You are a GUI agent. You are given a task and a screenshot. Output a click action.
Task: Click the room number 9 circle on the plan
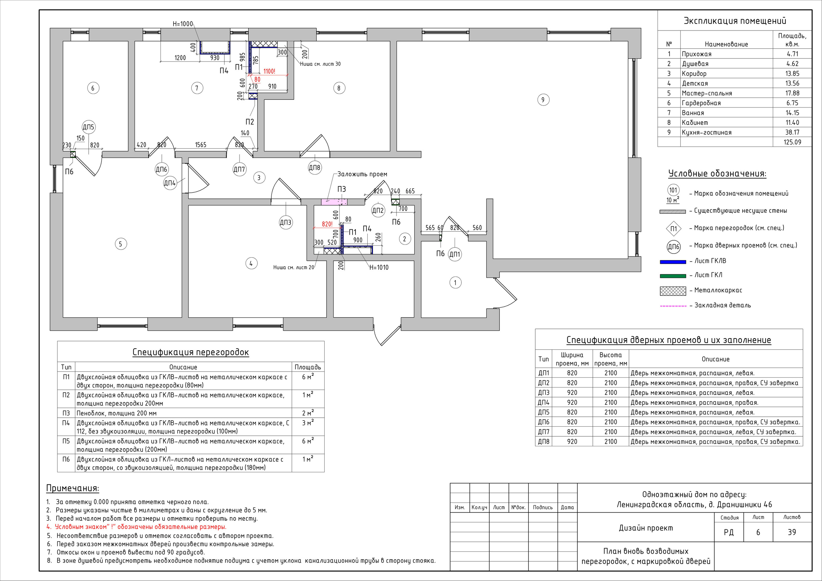(543, 99)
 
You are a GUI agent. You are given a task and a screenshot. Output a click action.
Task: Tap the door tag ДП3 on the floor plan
(285, 223)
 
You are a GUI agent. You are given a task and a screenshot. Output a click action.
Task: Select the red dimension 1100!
(269, 71)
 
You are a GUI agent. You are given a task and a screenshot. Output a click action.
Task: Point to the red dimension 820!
(327, 224)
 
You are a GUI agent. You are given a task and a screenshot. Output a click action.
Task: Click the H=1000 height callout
(183, 24)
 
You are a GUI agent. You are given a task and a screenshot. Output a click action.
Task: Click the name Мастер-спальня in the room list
(707, 93)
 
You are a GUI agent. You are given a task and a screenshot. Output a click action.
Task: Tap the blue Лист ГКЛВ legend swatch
(673, 262)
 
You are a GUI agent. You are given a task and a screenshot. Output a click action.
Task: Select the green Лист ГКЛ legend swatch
(673, 276)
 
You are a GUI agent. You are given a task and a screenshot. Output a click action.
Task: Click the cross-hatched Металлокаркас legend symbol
(673, 291)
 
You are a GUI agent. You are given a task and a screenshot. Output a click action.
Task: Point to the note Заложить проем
(362, 174)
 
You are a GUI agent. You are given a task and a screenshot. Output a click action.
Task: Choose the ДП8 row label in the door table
(544, 441)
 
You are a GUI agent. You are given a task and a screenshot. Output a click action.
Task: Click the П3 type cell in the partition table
(66, 413)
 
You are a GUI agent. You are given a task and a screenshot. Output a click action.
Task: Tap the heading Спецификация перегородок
(190, 352)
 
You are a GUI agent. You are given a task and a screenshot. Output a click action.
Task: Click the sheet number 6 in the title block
(758, 532)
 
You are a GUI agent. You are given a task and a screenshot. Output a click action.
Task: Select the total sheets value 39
(792, 532)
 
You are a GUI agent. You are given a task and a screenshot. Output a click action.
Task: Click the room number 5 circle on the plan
(121, 244)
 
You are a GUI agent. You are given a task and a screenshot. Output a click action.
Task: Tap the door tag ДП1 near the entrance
(455, 254)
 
